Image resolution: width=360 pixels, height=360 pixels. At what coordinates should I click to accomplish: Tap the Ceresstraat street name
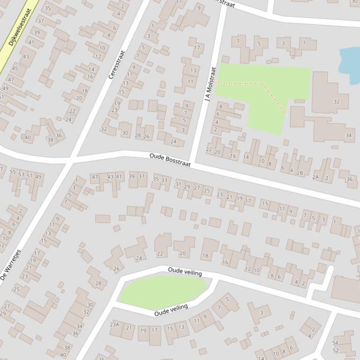coord(117,65)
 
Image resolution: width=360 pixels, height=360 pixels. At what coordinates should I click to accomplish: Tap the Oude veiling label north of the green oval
coord(185,272)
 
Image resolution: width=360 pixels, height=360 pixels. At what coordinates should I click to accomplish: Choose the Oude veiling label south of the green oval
coord(171,310)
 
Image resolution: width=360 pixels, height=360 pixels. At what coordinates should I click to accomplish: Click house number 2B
coord(300,173)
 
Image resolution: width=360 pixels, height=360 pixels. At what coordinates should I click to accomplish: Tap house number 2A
coord(316,177)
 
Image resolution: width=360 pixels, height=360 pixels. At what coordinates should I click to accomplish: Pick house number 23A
coord(115,324)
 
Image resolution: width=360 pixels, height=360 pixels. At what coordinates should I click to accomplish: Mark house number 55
coord(13,172)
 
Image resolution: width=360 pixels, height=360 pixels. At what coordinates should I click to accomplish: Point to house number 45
coord(15,69)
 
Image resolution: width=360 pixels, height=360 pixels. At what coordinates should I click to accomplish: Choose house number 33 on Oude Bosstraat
coord(164,180)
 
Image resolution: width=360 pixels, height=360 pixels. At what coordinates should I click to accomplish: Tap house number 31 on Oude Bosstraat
coord(178,184)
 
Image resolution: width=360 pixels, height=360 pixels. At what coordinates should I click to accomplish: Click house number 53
coord(21,174)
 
